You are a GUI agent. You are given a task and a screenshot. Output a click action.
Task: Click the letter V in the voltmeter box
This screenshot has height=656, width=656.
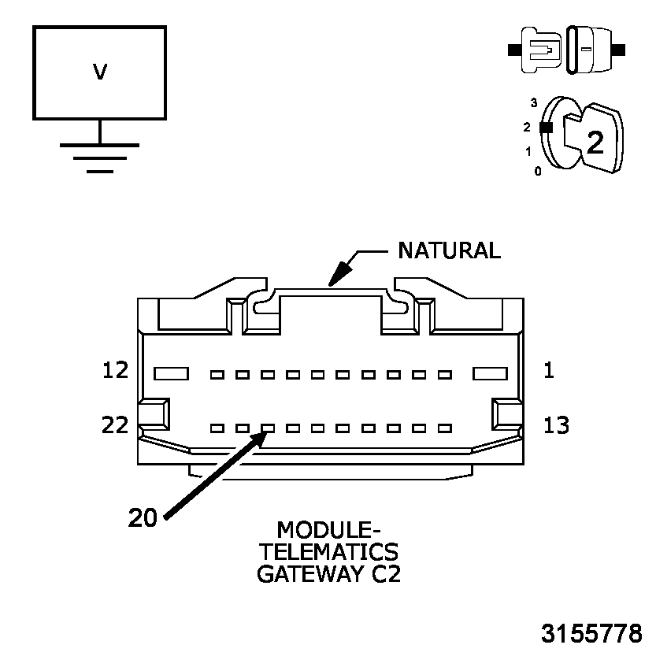pyautogui.click(x=100, y=72)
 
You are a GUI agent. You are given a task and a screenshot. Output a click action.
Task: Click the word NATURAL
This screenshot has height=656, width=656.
pyautogui.click(x=449, y=250)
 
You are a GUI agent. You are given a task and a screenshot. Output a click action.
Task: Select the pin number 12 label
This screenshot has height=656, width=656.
pyautogui.click(x=116, y=370)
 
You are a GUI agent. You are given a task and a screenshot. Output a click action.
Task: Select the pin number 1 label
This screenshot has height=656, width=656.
pyautogui.click(x=549, y=370)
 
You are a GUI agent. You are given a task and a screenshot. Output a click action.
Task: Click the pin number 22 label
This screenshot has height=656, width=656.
pyautogui.click(x=116, y=425)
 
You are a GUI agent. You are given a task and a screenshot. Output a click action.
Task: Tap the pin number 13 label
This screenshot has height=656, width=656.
pyautogui.click(x=557, y=425)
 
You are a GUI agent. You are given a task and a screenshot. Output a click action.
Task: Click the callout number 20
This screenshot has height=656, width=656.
pyautogui.click(x=143, y=517)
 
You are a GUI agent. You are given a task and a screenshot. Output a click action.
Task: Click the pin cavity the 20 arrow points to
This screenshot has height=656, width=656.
pyautogui.click(x=268, y=428)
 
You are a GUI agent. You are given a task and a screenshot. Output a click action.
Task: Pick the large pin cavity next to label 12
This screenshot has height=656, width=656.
pyautogui.click(x=170, y=373)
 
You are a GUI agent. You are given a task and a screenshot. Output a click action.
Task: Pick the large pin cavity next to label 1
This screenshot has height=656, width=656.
pyautogui.click(x=488, y=373)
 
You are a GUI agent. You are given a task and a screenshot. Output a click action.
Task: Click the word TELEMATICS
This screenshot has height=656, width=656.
pyautogui.click(x=328, y=550)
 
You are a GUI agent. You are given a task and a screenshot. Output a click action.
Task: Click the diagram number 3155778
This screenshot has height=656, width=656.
pyautogui.click(x=591, y=632)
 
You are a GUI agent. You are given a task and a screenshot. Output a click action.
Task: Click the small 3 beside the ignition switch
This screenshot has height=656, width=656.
pyautogui.click(x=534, y=103)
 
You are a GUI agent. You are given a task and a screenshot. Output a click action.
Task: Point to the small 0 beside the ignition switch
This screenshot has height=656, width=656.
pyautogui.click(x=538, y=170)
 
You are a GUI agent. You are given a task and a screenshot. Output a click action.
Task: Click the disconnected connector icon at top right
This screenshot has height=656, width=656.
pyautogui.click(x=567, y=50)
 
